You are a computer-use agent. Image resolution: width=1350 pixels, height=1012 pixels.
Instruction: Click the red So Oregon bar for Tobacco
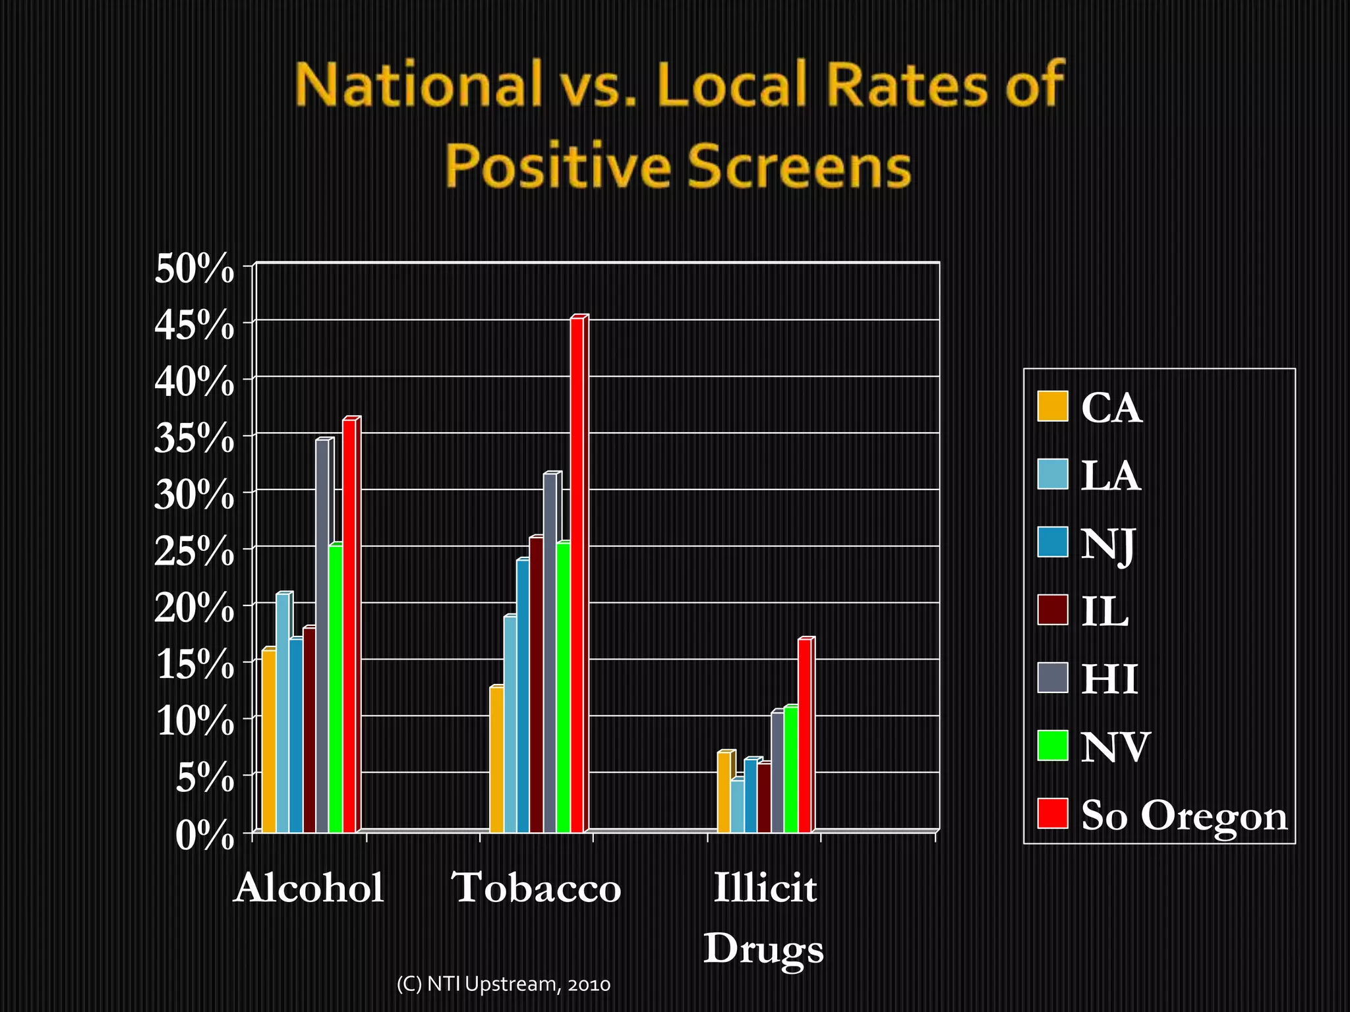point(577,573)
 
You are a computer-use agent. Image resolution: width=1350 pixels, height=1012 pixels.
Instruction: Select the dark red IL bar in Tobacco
point(536,685)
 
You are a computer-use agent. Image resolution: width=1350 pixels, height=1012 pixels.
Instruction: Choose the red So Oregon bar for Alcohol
point(349,626)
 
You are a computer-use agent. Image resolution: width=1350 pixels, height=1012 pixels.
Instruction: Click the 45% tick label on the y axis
point(194,325)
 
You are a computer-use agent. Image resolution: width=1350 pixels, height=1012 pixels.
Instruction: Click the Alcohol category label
point(308,887)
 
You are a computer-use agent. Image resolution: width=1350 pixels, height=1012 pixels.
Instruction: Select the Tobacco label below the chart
point(537,887)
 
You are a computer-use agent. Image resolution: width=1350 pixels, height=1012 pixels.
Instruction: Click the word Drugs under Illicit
point(763,949)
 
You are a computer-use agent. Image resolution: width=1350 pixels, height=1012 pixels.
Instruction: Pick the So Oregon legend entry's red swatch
point(1052,813)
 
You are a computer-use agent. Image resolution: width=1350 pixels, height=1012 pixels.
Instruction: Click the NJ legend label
point(1107,544)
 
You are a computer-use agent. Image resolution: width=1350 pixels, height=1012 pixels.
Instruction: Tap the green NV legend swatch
point(1052,745)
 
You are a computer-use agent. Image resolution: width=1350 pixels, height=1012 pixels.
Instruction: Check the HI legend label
point(1109,679)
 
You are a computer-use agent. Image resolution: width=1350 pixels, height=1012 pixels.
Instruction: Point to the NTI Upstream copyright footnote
point(503,984)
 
